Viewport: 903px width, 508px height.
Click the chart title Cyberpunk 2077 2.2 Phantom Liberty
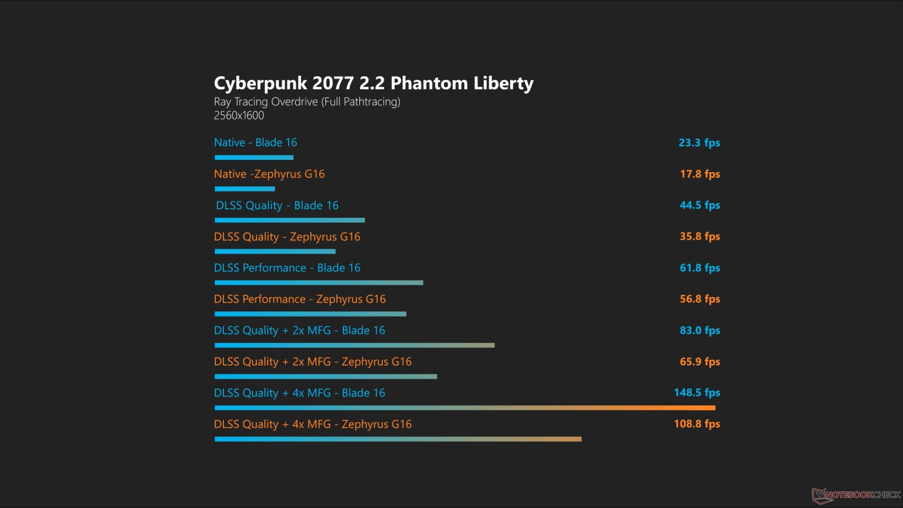coord(373,83)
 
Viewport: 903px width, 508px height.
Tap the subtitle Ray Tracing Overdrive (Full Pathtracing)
coord(307,102)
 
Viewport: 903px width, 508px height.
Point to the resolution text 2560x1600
coord(239,116)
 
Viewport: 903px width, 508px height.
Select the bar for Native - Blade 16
coord(254,158)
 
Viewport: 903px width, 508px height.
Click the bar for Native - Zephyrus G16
coord(245,189)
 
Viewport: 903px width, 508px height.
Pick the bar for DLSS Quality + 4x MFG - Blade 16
coord(465,408)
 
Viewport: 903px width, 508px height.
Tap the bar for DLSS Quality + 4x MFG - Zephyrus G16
coord(398,439)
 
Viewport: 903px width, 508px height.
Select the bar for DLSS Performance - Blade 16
coord(319,283)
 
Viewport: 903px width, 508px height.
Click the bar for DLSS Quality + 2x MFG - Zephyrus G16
coord(325,377)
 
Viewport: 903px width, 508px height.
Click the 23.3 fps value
coord(699,143)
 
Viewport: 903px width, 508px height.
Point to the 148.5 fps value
coord(697,392)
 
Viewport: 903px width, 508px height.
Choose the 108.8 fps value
coord(697,424)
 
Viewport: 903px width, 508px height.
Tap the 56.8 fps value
coord(699,299)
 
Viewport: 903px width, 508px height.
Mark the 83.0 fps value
coord(699,330)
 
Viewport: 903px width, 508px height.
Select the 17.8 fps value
coord(699,174)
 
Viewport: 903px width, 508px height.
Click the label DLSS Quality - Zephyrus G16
coord(287,237)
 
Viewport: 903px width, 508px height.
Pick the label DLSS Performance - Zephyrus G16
coord(300,299)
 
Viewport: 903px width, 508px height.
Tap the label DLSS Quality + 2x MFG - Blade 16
coord(299,330)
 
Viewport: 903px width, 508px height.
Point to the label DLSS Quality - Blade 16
coord(277,206)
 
